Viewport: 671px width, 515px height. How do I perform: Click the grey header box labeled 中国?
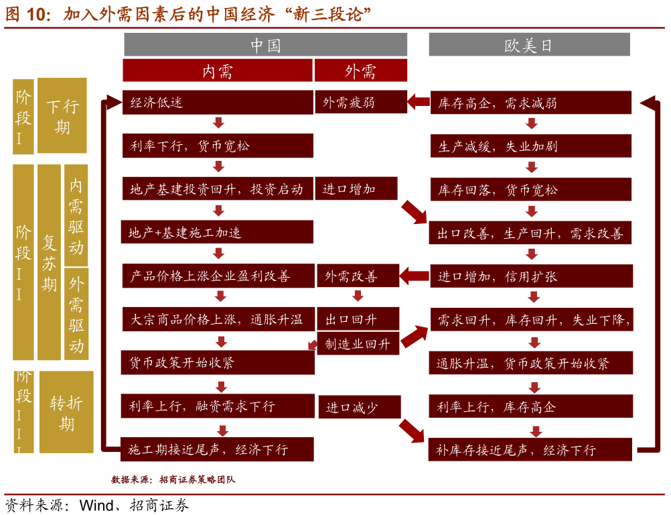tap(265, 45)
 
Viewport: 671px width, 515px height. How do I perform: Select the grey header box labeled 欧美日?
tap(529, 45)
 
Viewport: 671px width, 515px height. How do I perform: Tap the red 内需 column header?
tap(217, 70)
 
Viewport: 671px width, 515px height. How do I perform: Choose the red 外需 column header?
tap(360, 70)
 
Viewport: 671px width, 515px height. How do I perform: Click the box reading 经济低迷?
tap(218, 103)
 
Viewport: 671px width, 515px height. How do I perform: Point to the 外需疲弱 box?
tap(360, 103)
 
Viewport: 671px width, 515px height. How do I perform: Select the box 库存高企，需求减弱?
tap(530, 103)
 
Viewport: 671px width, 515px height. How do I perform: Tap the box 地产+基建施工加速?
tap(218, 233)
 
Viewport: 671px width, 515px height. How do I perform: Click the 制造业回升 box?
tap(358, 344)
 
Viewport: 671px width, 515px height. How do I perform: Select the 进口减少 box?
tap(358, 407)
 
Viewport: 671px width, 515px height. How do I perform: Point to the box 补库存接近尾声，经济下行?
tap(530, 450)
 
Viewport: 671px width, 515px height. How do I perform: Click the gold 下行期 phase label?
tap(62, 115)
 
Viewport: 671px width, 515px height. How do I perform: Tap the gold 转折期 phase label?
tap(66, 412)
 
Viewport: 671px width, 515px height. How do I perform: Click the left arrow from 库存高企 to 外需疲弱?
tap(419, 103)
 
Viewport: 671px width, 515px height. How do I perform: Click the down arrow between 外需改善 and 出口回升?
tap(358, 296)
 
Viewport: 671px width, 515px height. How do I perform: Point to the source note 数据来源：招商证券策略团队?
tap(173, 479)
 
